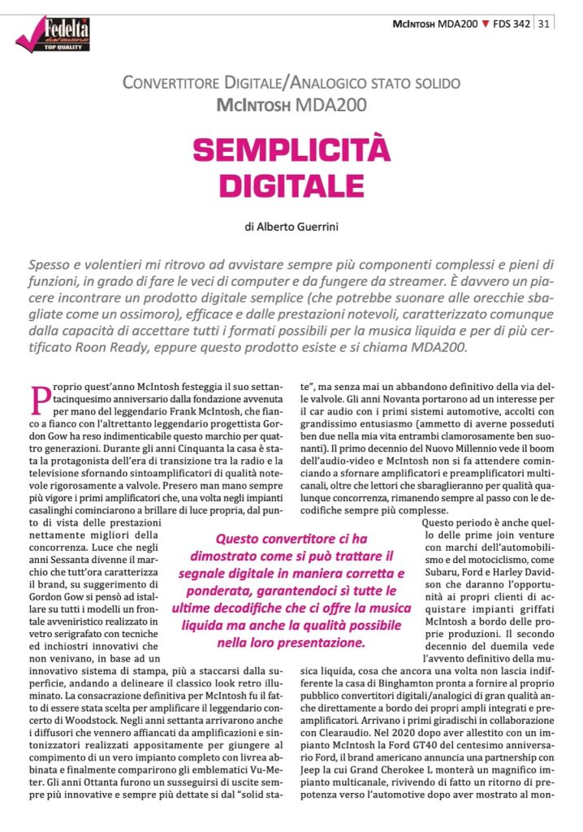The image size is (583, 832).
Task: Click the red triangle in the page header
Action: [x=486, y=24]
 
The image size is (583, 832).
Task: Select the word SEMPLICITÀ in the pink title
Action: [x=291, y=149]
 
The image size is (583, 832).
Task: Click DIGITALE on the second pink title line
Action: [x=291, y=184]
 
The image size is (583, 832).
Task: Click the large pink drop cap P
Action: [x=41, y=401]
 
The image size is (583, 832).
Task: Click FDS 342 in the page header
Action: [x=512, y=24]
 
